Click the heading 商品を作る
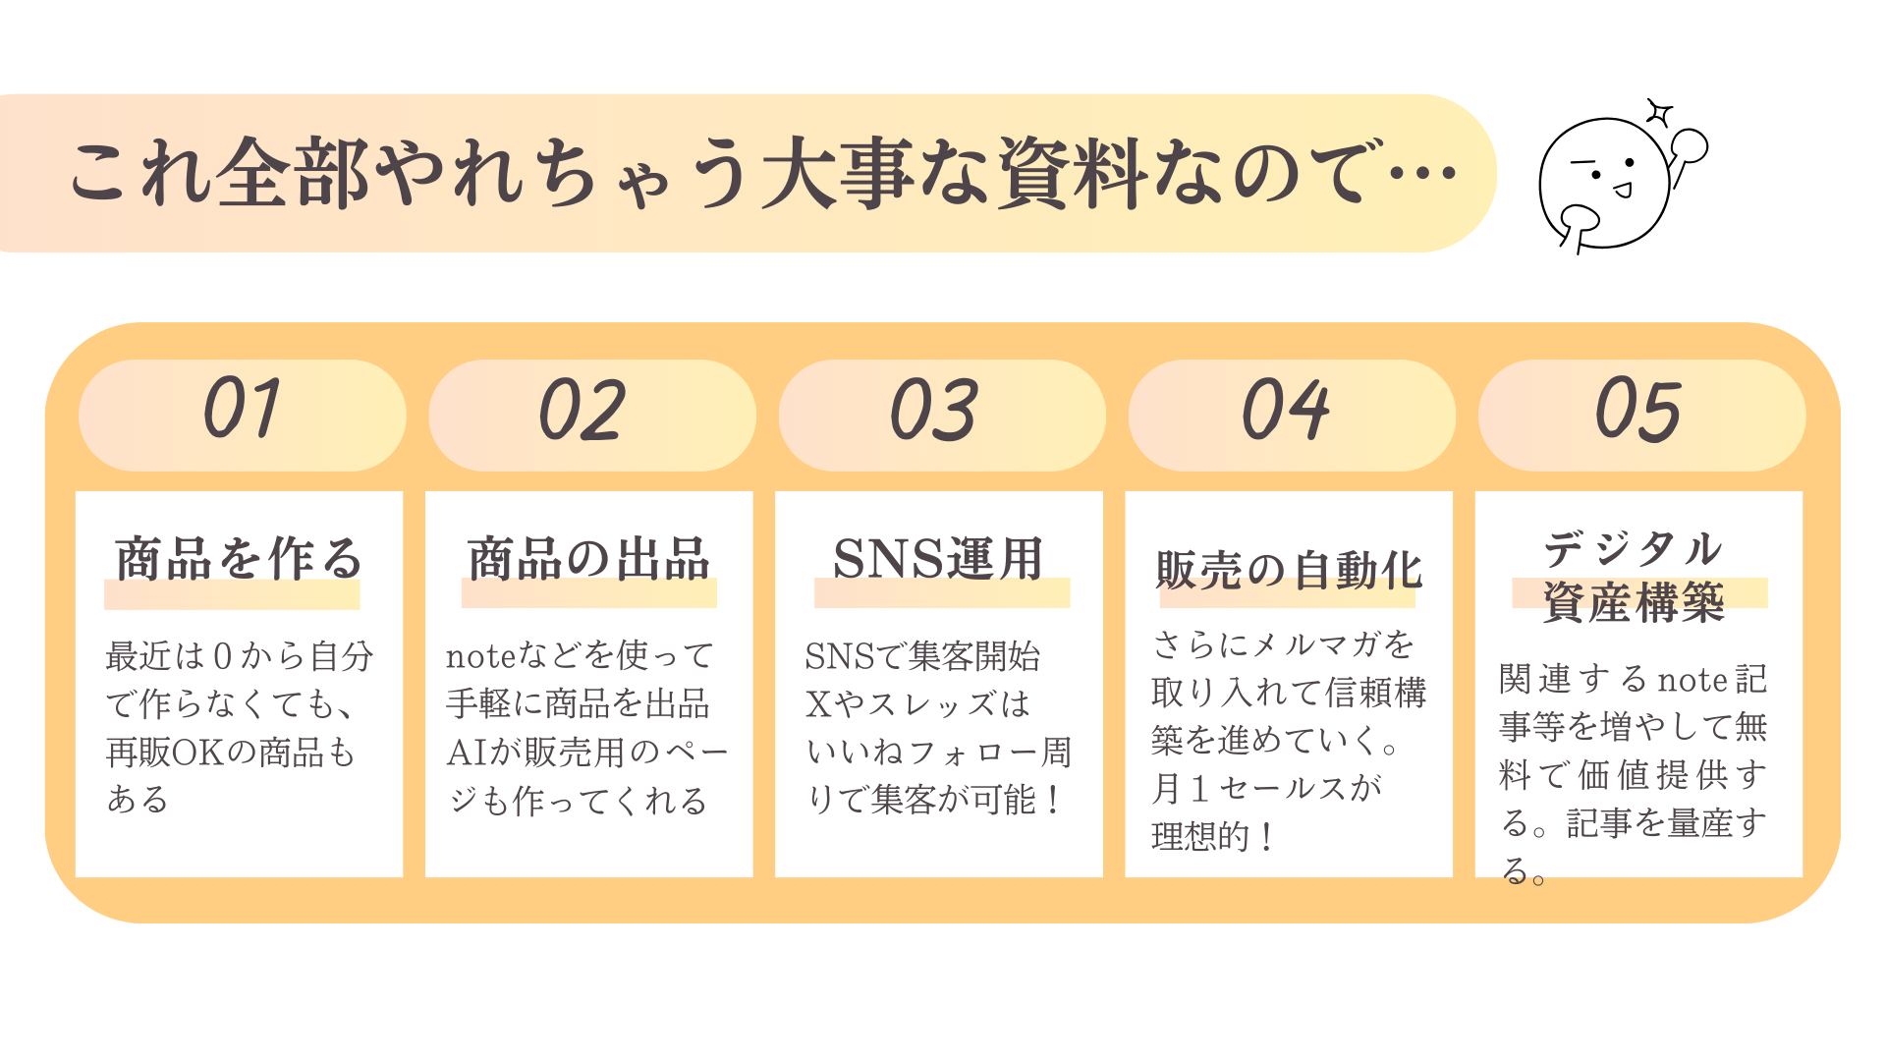(x=239, y=559)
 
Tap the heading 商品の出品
(x=588, y=559)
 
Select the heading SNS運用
(x=938, y=559)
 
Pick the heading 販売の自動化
(x=1289, y=570)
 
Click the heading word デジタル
(x=1634, y=548)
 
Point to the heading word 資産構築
(x=1634, y=602)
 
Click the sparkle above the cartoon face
(x=1659, y=114)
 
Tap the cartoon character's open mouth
(x=1623, y=190)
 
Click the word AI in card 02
(x=466, y=753)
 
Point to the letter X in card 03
(x=817, y=704)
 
